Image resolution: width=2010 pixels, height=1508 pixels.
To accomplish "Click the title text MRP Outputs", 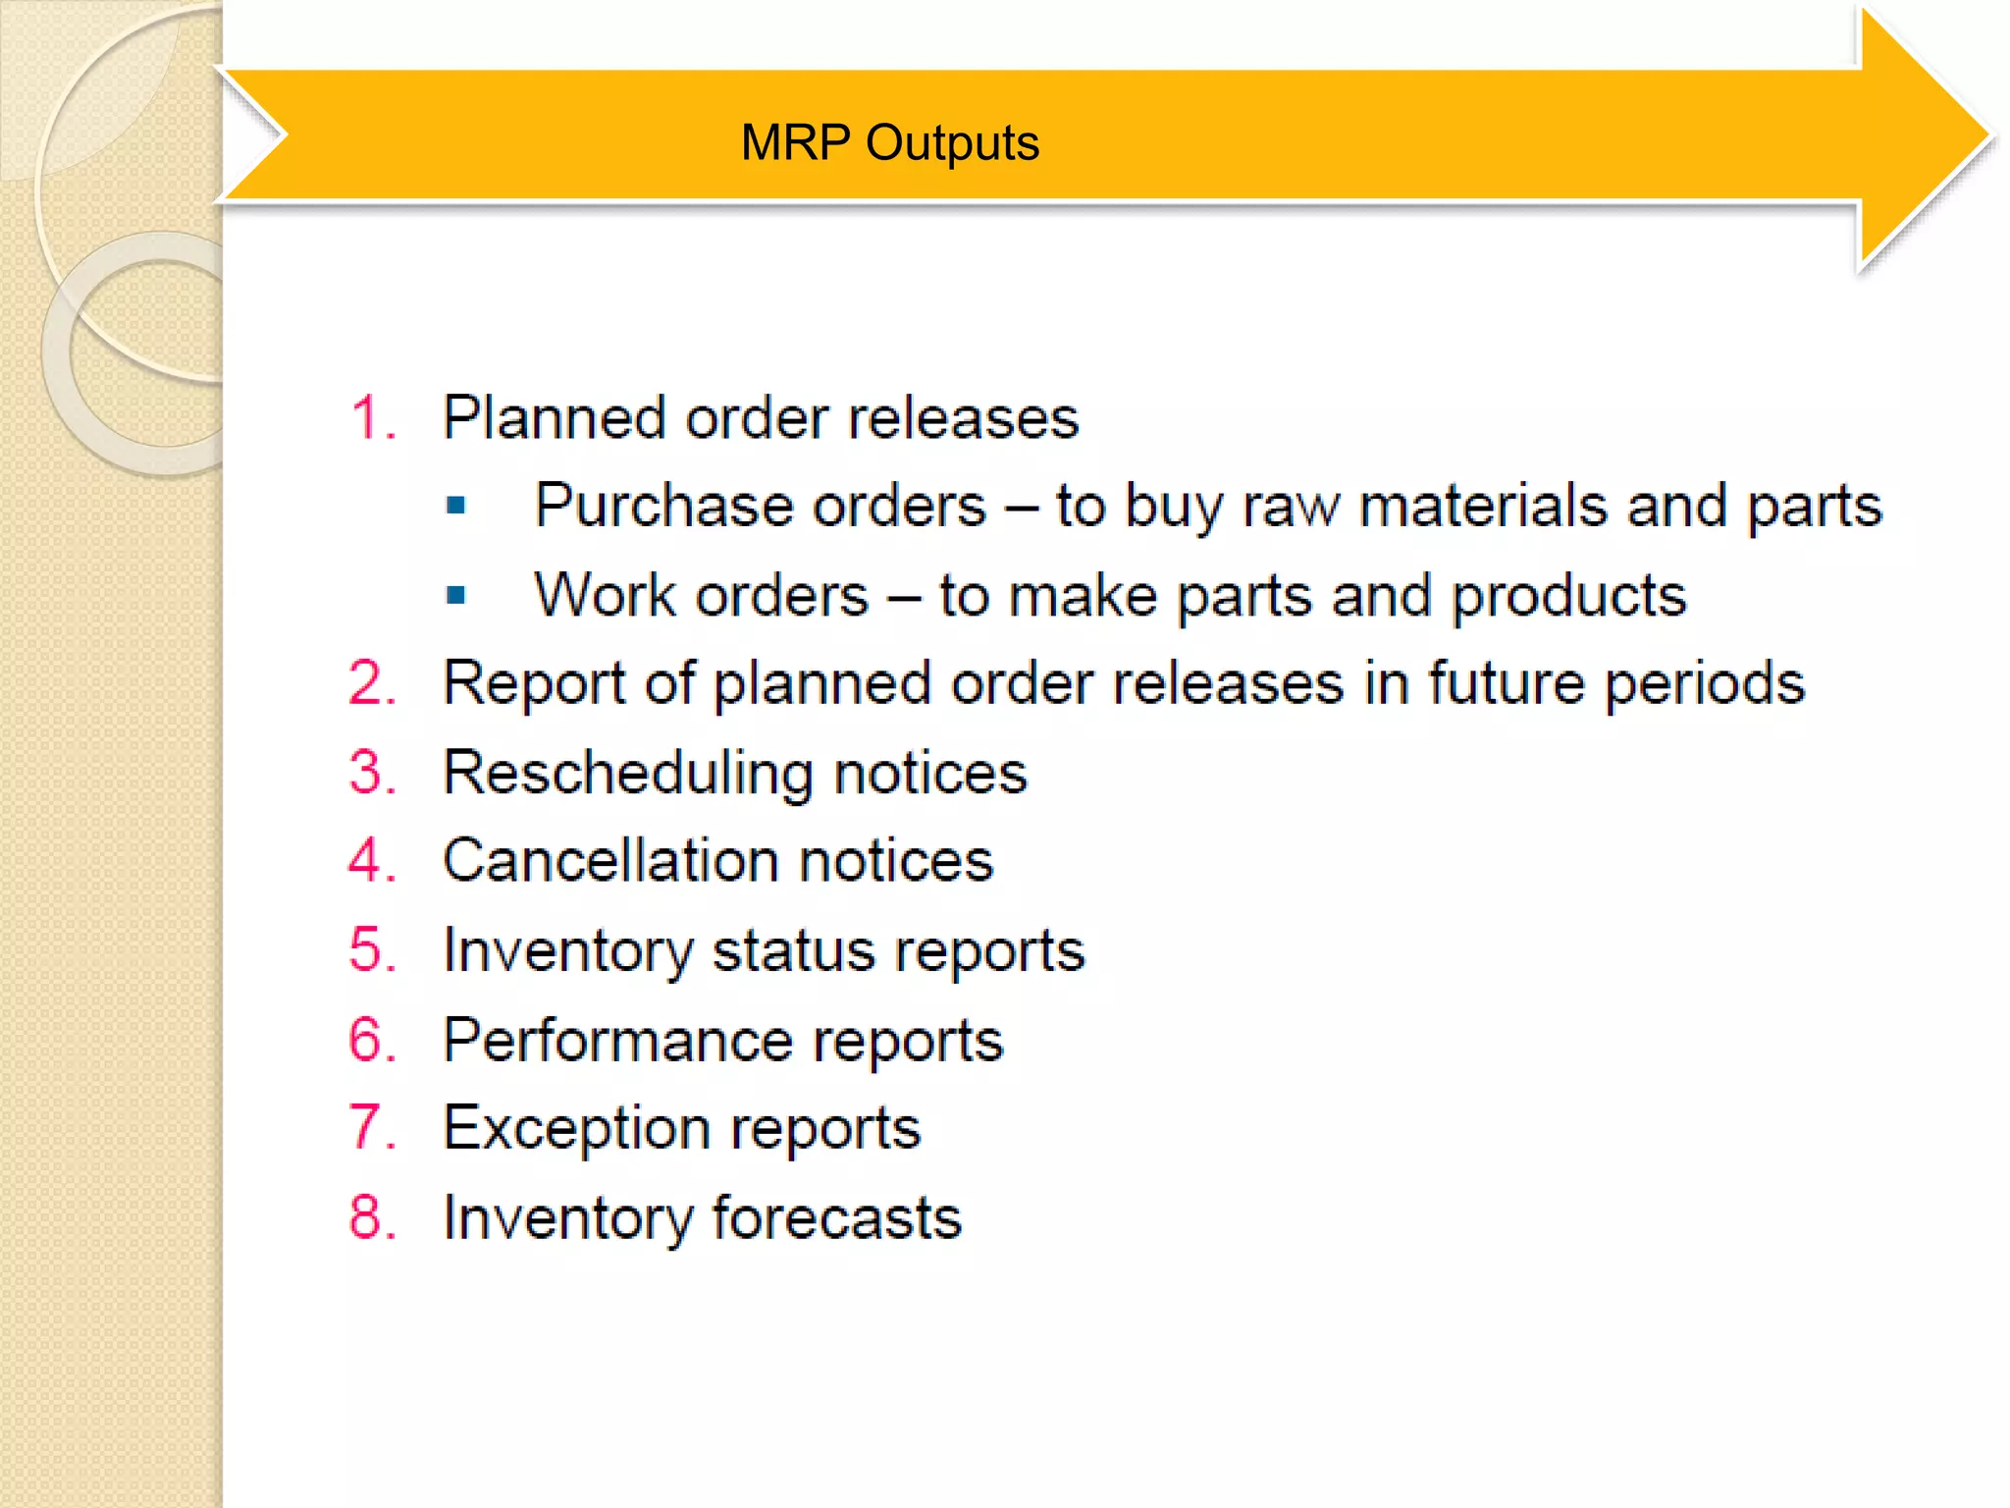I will (889, 143).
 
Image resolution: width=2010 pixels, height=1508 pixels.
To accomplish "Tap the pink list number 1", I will (366, 417).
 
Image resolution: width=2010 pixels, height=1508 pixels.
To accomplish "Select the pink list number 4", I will (366, 860).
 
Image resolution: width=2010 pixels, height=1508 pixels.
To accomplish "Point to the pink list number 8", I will (366, 1217).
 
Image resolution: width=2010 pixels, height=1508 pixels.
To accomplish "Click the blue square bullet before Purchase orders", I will (455, 506).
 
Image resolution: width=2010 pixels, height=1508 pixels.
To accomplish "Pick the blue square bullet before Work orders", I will (455, 595).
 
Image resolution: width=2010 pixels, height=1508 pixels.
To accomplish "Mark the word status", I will (793, 950).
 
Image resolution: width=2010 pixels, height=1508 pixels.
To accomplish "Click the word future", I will (1506, 683).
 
